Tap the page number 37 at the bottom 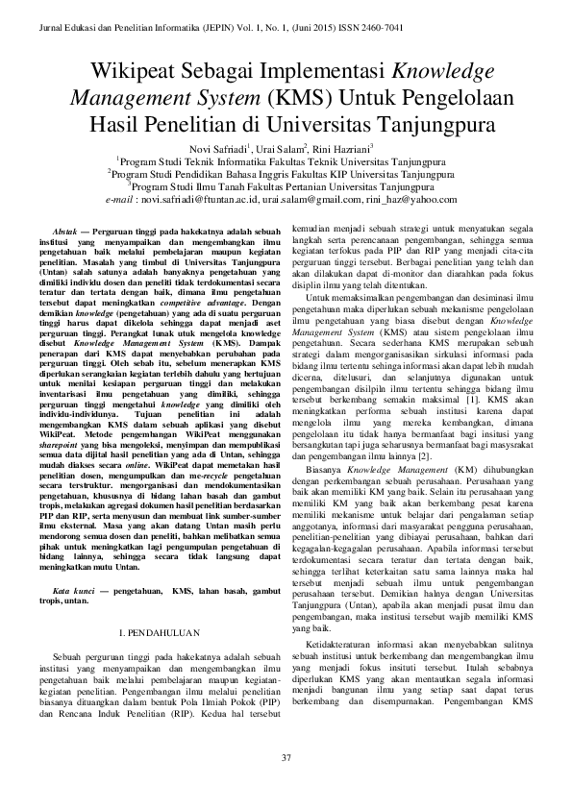click(286, 759)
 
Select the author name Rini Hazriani click(340, 149)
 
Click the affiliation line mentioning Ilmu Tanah click(286, 187)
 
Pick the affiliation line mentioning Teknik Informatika click(286, 162)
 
